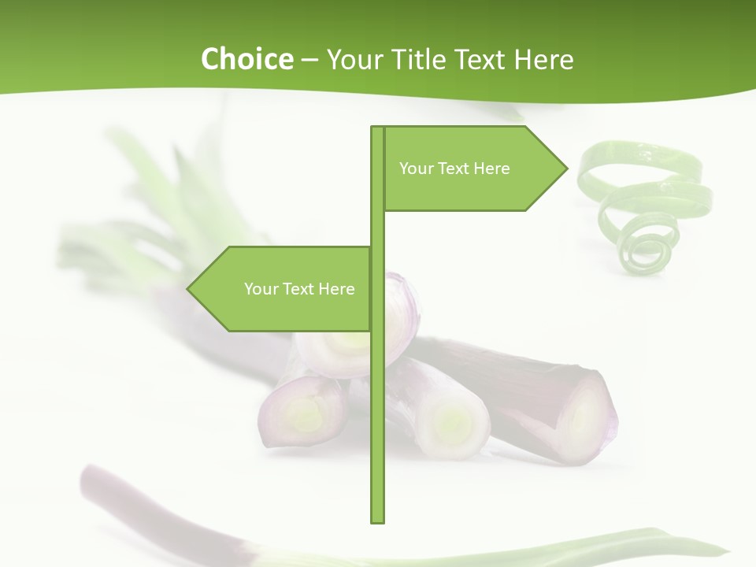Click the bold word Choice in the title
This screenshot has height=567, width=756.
point(246,59)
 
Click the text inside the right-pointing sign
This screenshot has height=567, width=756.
point(454,169)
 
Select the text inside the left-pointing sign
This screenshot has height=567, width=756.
point(299,289)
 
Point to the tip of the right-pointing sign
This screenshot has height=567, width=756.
point(565,168)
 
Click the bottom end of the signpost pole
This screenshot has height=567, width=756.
point(377,520)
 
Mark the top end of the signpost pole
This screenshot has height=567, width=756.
point(377,128)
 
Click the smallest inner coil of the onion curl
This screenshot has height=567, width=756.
point(647,252)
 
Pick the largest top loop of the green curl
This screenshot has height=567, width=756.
point(639,163)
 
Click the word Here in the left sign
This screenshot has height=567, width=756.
point(336,289)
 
